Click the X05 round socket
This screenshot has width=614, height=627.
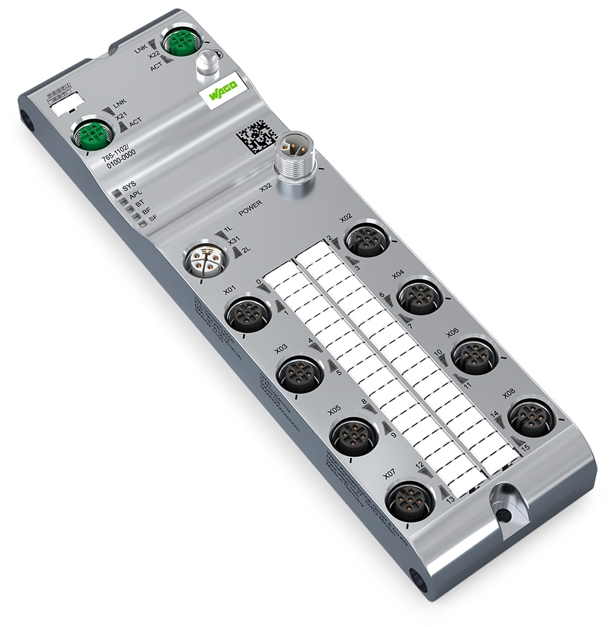coord(352,436)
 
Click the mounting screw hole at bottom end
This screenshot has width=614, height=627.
coord(503,514)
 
